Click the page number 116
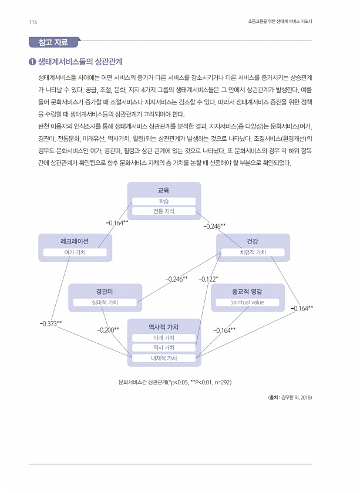(33, 22)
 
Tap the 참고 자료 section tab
(53, 42)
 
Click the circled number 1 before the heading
(32, 62)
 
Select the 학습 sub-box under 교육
(164, 201)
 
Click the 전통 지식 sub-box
(164, 211)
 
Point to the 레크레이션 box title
(74, 241)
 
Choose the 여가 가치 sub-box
(74, 252)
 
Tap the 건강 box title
(253, 241)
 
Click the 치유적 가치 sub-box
(253, 252)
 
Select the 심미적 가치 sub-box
(105, 302)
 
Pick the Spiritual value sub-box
(247, 302)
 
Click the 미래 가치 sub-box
(164, 337)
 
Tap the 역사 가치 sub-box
(164, 347)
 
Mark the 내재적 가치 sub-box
(164, 357)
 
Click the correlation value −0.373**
(51, 323)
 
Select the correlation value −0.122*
(208, 279)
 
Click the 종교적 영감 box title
(247, 291)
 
